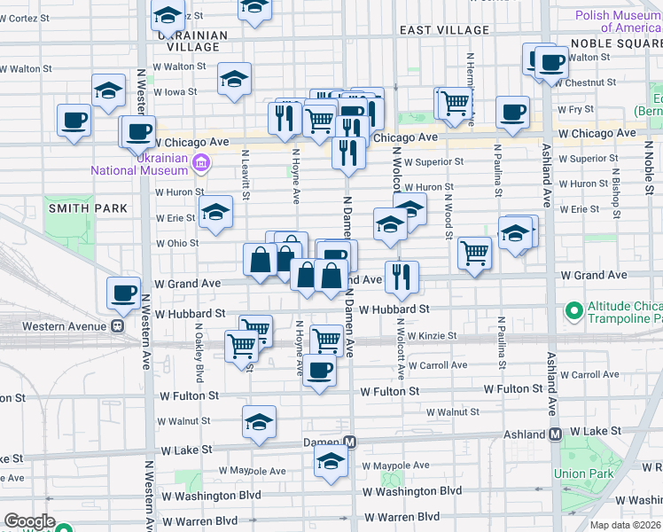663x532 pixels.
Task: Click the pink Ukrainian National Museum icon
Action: click(x=201, y=162)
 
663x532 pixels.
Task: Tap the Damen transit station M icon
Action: click(x=350, y=442)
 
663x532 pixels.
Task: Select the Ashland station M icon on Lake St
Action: click(x=556, y=434)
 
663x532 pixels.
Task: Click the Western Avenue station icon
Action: click(x=116, y=326)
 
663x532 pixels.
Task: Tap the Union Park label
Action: click(x=582, y=473)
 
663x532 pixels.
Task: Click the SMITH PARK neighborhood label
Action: click(x=88, y=208)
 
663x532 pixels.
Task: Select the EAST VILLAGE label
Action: click(x=444, y=30)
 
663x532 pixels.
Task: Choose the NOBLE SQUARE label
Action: click(x=615, y=43)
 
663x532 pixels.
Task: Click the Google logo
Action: click(x=29, y=521)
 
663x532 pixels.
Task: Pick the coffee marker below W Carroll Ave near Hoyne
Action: click(x=320, y=370)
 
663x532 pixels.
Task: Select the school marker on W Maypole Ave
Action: click(x=331, y=461)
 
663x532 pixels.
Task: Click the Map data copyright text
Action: click(x=626, y=525)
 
